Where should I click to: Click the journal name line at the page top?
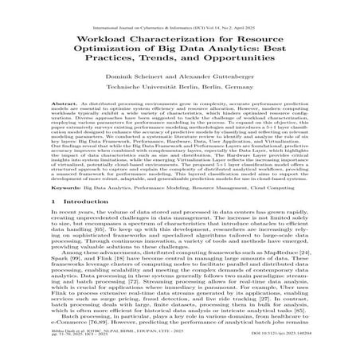(179, 7)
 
